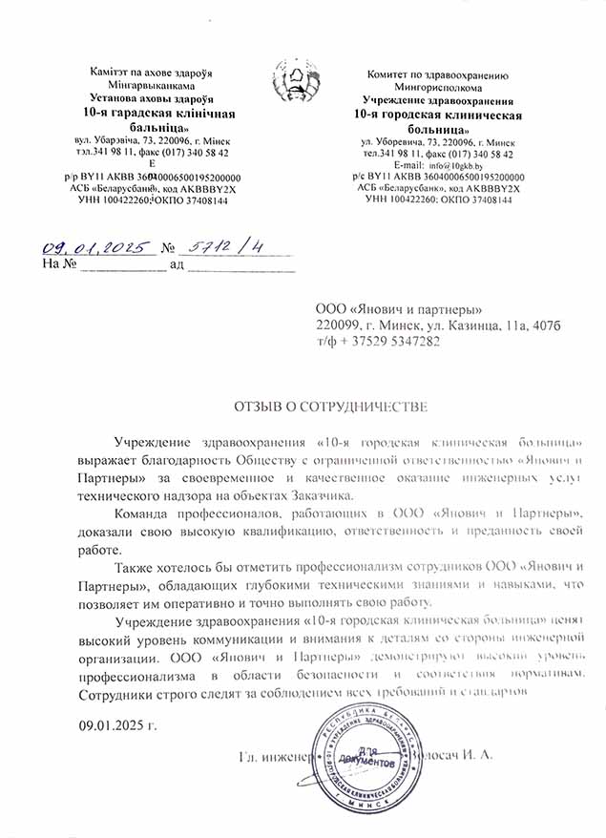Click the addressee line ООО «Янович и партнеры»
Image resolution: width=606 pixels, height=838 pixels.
[x=400, y=309]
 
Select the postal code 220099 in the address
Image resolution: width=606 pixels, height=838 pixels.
[x=338, y=325]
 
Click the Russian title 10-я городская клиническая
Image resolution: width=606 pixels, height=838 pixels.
[x=438, y=115]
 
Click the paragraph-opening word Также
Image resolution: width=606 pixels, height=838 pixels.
[x=136, y=567]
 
